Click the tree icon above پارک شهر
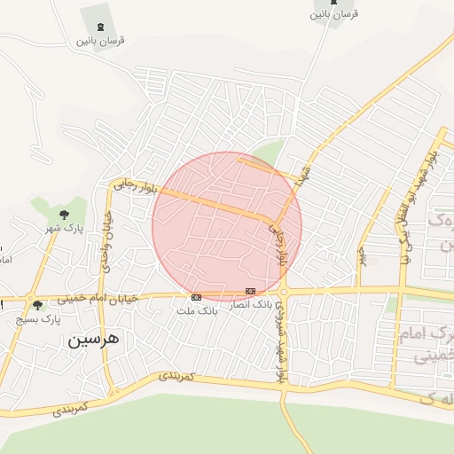pyautogui.click(x=64, y=215)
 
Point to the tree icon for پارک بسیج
pyautogui.click(x=36, y=306)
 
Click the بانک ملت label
pyautogui.click(x=197, y=311)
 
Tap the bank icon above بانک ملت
pyautogui.click(x=196, y=297)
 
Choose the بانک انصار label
pyautogui.click(x=251, y=304)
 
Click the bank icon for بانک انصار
pyautogui.click(x=251, y=290)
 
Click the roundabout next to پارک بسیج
pyautogui.click(x=30, y=299)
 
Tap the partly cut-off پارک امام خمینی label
pyautogui.click(x=434, y=346)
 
